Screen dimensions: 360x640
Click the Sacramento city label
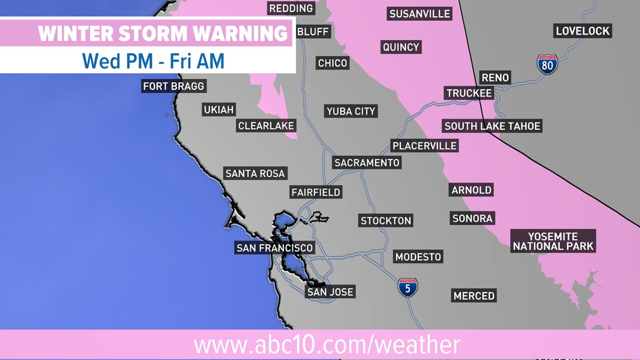367,163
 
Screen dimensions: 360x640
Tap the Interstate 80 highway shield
547,65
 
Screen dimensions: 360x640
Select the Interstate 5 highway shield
408,287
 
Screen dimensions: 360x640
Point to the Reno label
495,78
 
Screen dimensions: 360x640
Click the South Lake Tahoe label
492,126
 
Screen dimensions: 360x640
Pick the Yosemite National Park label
553,241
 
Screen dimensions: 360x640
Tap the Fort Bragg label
174,86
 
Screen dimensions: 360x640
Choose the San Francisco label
275,248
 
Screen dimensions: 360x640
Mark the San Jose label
330,292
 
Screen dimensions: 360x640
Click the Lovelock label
583,31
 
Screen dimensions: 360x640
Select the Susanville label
419,13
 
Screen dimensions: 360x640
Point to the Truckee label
469,93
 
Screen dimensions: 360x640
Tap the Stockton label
386,221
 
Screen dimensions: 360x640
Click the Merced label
474,296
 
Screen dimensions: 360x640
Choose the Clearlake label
266,126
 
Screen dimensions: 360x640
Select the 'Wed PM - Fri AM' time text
153,61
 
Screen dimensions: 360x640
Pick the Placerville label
424,146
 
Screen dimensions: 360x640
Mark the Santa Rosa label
256,174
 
